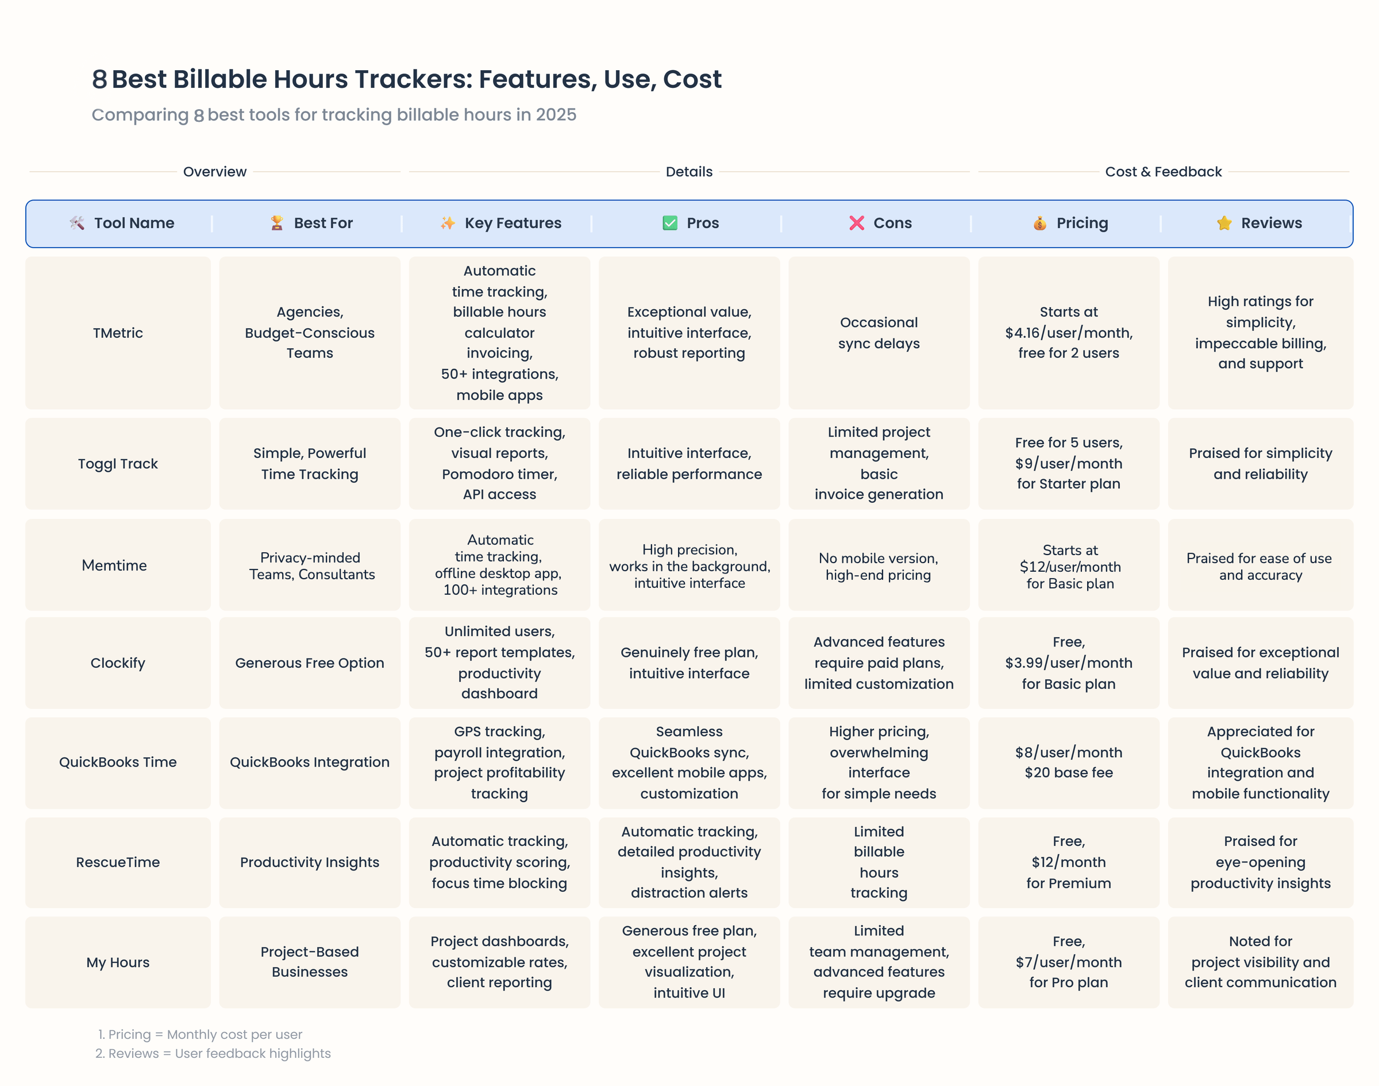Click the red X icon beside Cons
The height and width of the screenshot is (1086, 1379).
[x=856, y=223]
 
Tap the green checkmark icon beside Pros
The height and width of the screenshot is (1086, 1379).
[x=669, y=223]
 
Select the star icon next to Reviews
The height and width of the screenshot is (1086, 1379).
[x=1224, y=223]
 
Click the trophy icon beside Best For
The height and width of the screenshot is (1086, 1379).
[x=276, y=223]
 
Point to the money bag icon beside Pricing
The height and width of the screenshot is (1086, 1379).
[x=1039, y=223]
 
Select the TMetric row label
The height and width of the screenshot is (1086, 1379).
[x=118, y=333]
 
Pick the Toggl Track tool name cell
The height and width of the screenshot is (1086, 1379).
[x=118, y=464]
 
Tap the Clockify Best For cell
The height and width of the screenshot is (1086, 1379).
[x=310, y=663]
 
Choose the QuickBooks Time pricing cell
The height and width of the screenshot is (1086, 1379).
[x=1068, y=762]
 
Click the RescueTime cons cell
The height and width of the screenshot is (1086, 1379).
[x=879, y=862]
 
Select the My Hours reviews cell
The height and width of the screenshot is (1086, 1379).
[x=1260, y=962]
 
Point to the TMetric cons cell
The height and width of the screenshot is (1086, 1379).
[x=879, y=333]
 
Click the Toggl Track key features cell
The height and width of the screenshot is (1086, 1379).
[x=499, y=464]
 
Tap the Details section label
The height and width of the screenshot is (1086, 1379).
[x=688, y=172]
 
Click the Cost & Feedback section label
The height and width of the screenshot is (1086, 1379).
[x=1163, y=172]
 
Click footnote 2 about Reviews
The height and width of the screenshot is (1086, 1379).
[x=213, y=1054]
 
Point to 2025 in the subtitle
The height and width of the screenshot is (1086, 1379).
[x=556, y=115]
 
